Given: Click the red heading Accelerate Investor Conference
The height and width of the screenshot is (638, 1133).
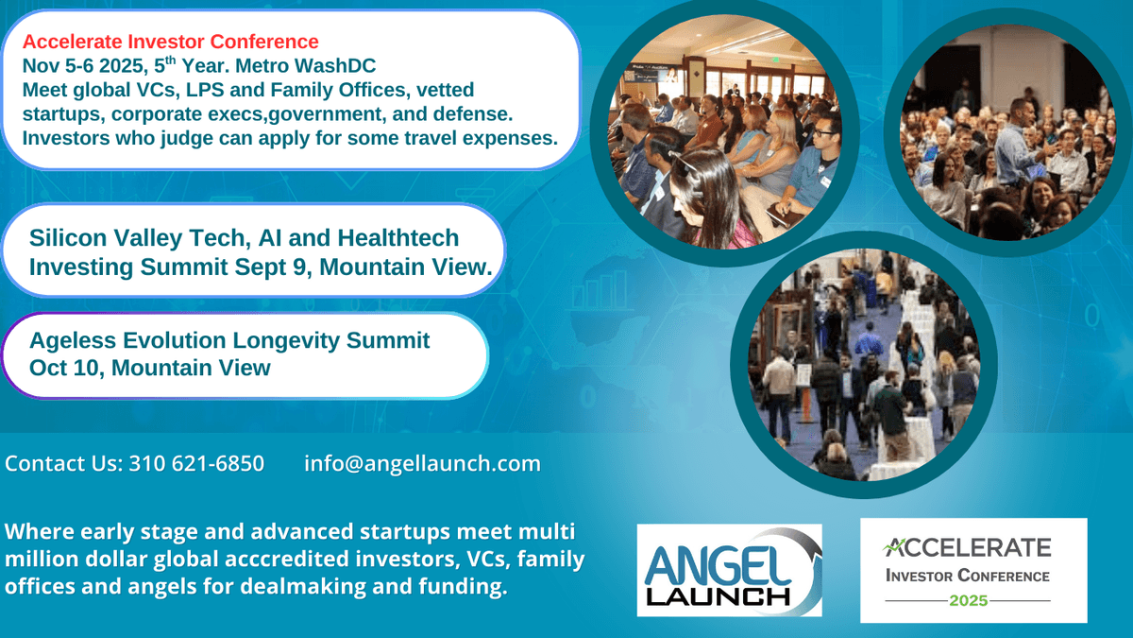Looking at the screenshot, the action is [171, 42].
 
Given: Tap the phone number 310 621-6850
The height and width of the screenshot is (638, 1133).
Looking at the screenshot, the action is [196, 463].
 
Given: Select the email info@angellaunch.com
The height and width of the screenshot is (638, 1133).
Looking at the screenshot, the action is [422, 464].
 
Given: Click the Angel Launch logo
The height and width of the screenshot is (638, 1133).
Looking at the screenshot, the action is [729, 570].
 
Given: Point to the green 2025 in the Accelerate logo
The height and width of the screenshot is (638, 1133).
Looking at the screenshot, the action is [968, 600].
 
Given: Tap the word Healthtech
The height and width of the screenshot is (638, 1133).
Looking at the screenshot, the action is [398, 238].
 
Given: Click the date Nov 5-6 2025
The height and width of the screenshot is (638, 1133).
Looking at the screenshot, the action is [83, 66].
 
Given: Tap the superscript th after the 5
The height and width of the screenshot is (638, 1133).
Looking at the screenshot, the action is [171, 60].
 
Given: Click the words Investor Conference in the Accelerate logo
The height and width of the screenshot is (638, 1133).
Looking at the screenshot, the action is [968, 576].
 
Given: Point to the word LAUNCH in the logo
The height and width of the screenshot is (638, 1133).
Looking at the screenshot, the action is [719, 597].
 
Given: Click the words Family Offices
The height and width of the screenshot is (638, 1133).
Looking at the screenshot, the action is [338, 90].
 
